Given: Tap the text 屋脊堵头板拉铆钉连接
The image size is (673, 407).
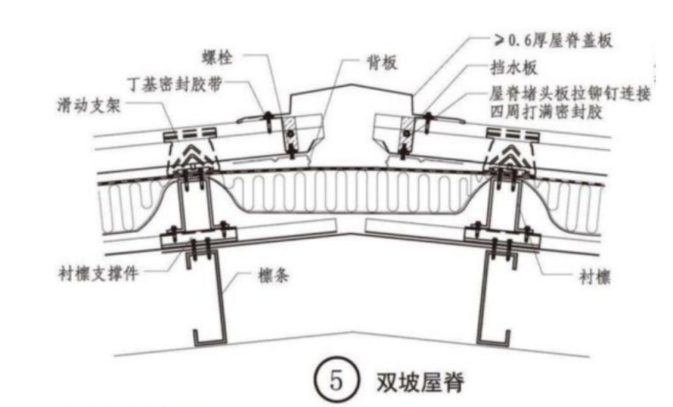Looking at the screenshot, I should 570,92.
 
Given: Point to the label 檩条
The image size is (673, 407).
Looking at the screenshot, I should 276,276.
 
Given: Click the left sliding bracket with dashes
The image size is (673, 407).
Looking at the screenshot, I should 190,133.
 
